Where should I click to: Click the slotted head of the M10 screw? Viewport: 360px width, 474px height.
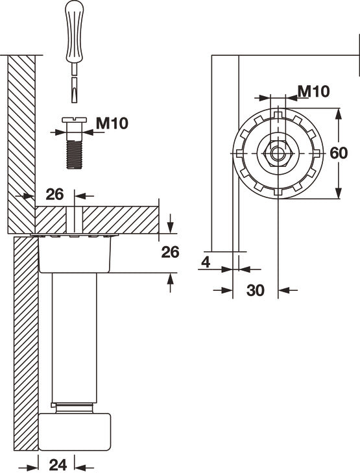point(75,121)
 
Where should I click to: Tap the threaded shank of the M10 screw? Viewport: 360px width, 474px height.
point(75,152)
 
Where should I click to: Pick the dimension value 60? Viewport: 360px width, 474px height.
point(339,154)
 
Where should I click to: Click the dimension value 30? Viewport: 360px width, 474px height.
point(256,290)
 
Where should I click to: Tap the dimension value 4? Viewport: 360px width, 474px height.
point(206,262)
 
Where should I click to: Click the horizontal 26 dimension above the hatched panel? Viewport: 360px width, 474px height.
point(54,193)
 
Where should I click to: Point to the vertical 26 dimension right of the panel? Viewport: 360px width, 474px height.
point(170,253)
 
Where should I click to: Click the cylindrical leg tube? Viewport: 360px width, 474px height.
point(75,338)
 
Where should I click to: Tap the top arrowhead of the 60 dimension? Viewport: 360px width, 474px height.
point(338,114)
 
